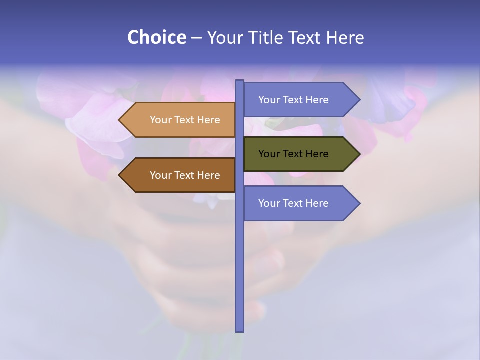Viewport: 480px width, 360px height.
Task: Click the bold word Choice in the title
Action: point(156,37)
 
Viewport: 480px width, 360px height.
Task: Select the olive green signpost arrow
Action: point(300,154)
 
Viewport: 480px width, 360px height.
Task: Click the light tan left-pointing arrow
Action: point(180,120)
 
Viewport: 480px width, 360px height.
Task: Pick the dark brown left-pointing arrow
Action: point(180,175)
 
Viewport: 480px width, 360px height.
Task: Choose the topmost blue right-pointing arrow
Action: point(300,100)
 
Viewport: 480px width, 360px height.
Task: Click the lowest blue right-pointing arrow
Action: point(300,203)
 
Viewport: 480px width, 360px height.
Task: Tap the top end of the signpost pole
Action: point(239,81)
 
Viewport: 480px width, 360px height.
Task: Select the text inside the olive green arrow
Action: point(293,154)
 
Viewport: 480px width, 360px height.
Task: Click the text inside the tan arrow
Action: point(185,120)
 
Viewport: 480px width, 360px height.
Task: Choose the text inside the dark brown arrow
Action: point(185,175)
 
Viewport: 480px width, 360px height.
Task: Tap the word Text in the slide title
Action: point(305,37)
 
